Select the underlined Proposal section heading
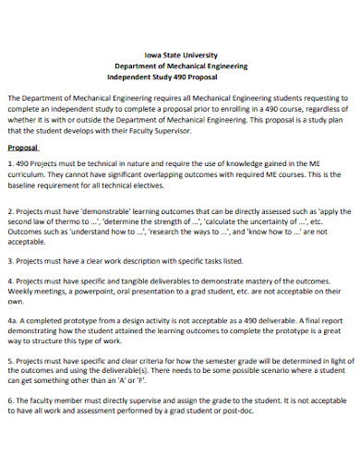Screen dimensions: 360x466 23,148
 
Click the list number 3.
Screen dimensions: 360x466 10,261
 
